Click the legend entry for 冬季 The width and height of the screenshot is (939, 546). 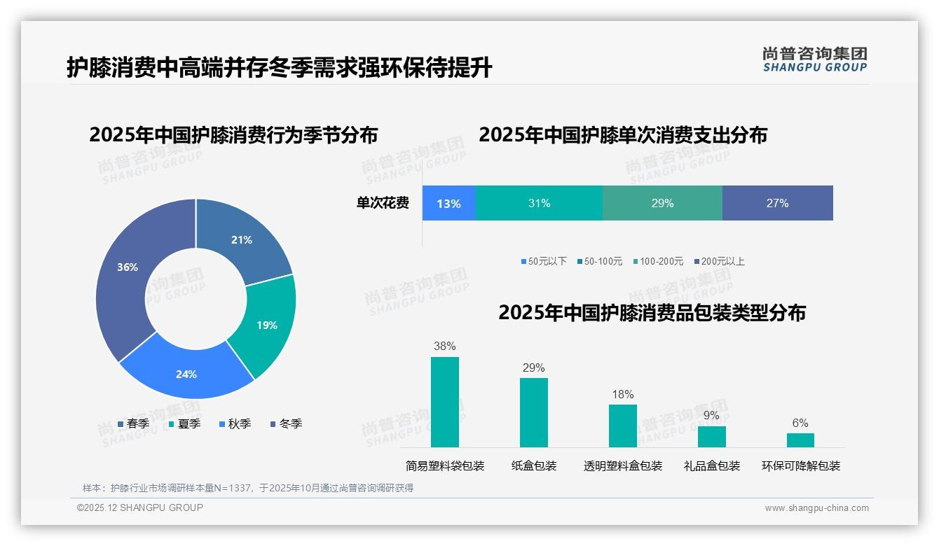pyautogui.click(x=286, y=424)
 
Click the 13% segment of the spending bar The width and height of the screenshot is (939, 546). pyautogui.click(x=448, y=204)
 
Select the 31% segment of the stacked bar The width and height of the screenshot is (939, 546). pyautogui.click(x=539, y=204)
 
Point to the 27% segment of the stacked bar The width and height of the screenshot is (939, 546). pyautogui.click(x=777, y=204)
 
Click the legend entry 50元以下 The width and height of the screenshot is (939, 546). pyautogui.click(x=544, y=262)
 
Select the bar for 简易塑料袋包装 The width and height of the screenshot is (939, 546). pyautogui.click(x=444, y=402)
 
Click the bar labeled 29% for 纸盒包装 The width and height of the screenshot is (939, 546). pyautogui.click(x=533, y=412)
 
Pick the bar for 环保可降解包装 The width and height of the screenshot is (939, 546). pyautogui.click(x=800, y=440)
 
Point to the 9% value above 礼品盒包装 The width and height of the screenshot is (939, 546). pyautogui.click(x=711, y=416)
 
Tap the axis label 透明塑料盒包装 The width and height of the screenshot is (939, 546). pyautogui.click(x=622, y=466)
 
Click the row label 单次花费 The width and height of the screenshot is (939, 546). pyautogui.click(x=383, y=204)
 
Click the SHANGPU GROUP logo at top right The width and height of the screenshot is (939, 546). pyautogui.click(x=814, y=59)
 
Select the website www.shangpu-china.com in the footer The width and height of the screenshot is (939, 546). pyautogui.click(x=816, y=508)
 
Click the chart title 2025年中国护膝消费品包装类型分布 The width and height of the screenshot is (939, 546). pyautogui.click(x=652, y=313)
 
